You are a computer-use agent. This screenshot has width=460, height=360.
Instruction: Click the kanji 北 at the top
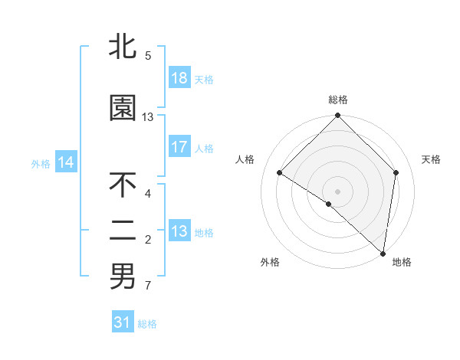tap(123, 47)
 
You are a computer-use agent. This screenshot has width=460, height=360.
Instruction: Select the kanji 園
tap(123, 109)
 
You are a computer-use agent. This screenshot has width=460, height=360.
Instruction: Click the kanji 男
tap(123, 277)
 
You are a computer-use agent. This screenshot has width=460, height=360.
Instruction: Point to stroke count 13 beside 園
tap(148, 117)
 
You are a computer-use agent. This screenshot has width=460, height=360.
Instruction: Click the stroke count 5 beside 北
tap(148, 55)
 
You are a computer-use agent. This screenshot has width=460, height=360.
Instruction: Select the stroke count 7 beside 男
tap(148, 286)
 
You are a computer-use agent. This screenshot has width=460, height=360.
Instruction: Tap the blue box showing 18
tap(179, 78)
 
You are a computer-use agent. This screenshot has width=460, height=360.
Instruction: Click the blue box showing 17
tap(179, 147)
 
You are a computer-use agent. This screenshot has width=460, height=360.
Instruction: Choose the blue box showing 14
tap(66, 162)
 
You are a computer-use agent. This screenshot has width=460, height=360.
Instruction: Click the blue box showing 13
tap(179, 231)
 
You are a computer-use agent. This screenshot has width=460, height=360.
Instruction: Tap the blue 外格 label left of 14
tap(41, 163)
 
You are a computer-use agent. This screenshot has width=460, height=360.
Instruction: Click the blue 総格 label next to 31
tap(147, 324)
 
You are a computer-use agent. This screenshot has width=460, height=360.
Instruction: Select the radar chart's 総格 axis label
tap(338, 100)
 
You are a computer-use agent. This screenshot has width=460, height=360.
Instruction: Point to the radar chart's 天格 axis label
tap(431, 159)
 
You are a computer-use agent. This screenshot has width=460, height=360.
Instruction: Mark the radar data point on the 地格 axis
tap(383, 254)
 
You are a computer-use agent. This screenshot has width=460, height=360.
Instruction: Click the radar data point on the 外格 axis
tap(329, 204)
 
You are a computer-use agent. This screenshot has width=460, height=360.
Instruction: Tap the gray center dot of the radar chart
tap(338, 191)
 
